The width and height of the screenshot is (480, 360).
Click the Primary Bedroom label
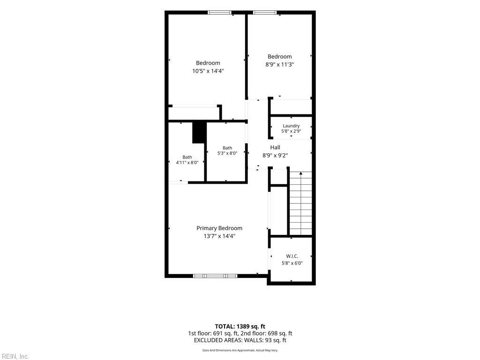[x=219, y=228]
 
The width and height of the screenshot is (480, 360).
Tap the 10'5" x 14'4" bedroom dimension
[x=208, y=71]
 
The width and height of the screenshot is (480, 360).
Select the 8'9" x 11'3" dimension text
[x=279, y=65]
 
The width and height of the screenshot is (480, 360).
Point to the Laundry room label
[x=291, y=126]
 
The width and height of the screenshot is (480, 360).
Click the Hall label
[x=275, y=147]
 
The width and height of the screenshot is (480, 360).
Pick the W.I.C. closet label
[x=292, y=256]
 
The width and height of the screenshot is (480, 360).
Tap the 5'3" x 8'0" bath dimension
[x=227, y=153]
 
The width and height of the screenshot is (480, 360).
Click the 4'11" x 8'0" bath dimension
[x=187, y=163]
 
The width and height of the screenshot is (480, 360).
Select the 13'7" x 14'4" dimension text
[x=219, y=236]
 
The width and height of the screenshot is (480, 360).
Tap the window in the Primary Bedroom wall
[x=215, y=276]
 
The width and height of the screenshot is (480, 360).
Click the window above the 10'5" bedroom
[x=220, y=13]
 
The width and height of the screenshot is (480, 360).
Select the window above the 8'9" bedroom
[x=265, y=13]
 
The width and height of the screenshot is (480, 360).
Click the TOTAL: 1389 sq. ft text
[x=240, y=326]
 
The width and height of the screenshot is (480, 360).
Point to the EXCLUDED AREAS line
[x=240, y=340]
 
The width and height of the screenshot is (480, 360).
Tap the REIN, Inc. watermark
[x=15, y=356]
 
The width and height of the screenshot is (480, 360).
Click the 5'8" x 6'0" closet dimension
[x=292, y=263]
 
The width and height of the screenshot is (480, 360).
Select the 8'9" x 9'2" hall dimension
[x=275, y=156]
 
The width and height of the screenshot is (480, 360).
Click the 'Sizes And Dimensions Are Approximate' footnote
[x=240, y=350]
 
